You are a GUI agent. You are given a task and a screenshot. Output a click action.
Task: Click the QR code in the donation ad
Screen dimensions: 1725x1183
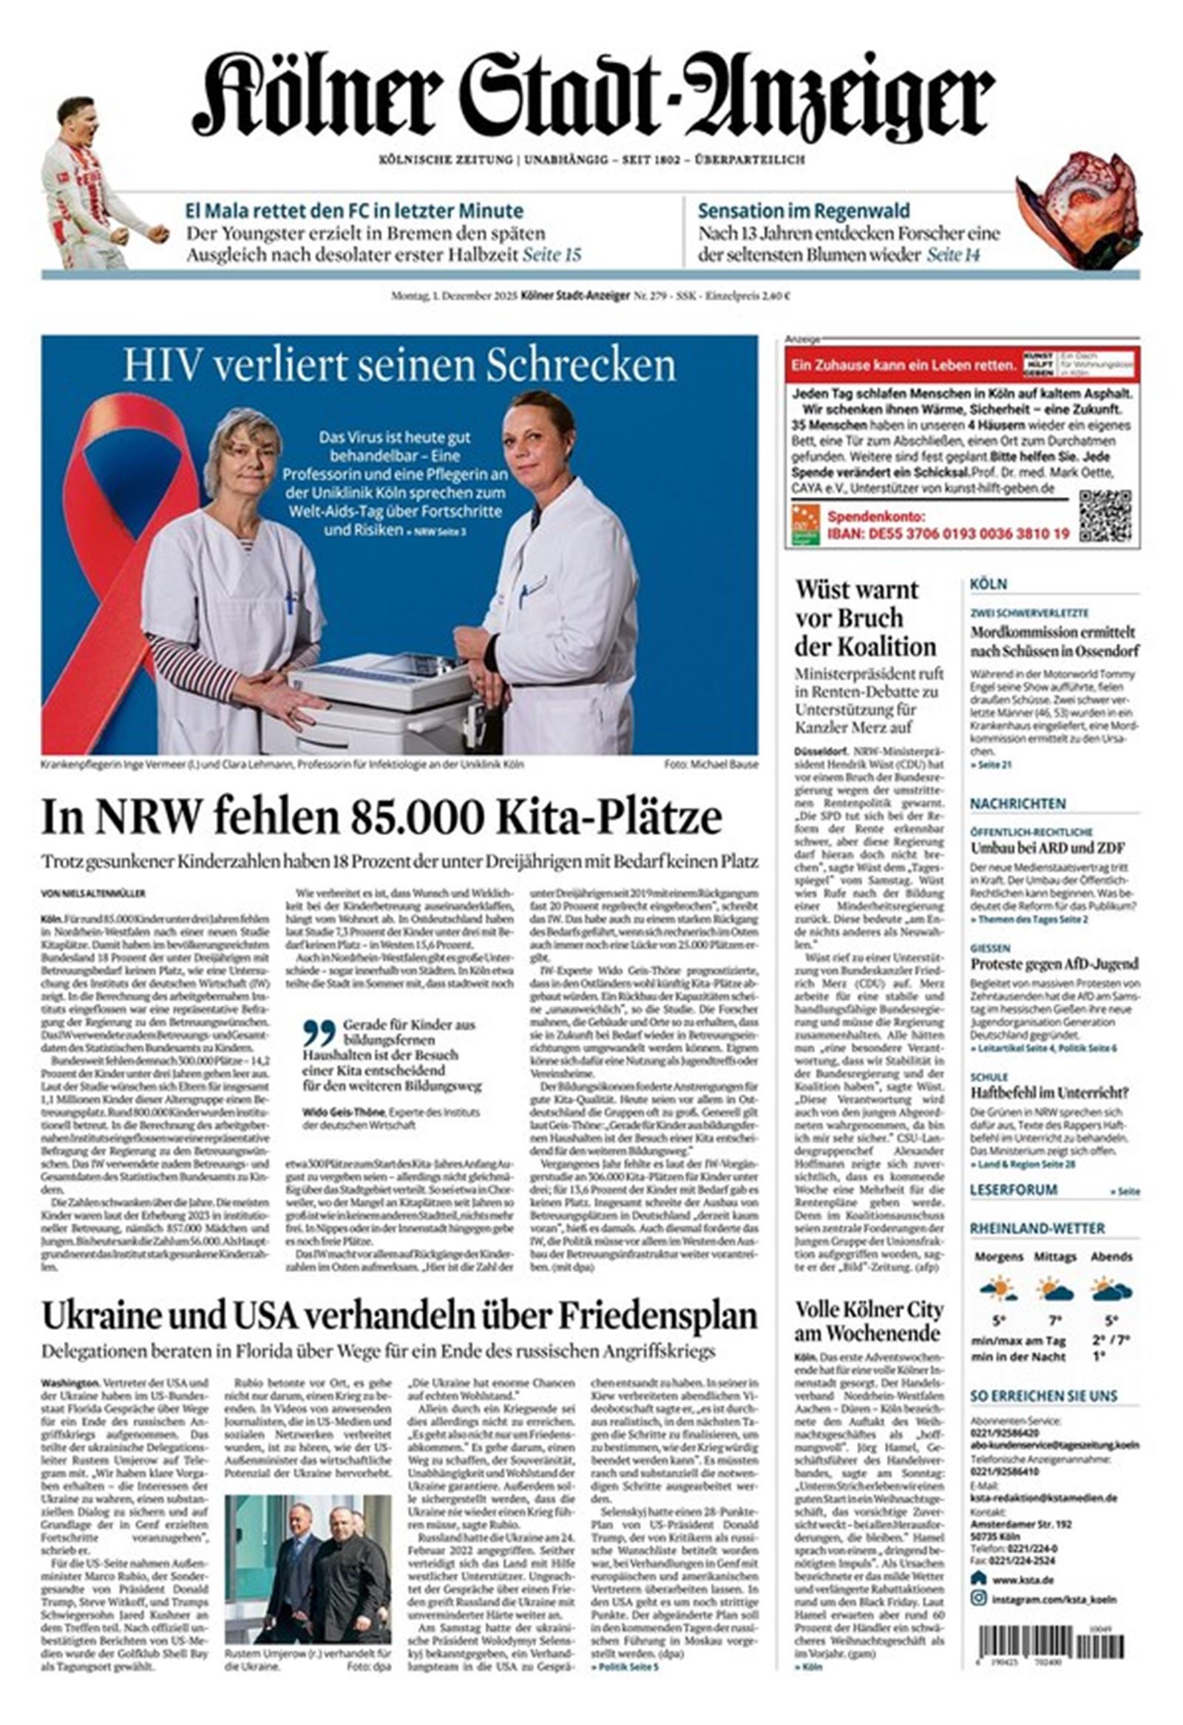[1105, 516]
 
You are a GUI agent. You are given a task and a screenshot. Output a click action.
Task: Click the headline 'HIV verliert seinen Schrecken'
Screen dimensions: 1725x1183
[399, 365]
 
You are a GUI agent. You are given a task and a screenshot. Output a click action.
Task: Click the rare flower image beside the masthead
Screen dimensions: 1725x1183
[1079, 204]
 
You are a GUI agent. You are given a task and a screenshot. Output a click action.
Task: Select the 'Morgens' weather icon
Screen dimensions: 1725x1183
[997, 1289]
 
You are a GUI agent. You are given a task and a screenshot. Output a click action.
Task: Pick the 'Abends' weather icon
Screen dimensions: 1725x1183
[1111, 1289]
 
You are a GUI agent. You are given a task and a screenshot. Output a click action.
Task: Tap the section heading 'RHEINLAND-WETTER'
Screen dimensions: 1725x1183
[1037, 1228]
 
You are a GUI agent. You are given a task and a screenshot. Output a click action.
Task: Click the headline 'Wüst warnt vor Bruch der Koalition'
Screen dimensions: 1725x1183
[865, 618]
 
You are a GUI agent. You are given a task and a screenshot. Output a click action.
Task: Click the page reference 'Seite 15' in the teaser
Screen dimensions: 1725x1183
[552, 255]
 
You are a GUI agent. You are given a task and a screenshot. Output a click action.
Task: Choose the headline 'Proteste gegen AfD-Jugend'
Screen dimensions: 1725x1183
[1054, 964]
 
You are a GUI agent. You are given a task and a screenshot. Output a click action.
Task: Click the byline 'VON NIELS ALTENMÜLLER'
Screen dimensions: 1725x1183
[93, 894]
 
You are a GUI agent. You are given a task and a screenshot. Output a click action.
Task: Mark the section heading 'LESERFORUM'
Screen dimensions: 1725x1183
[1013, 1190]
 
